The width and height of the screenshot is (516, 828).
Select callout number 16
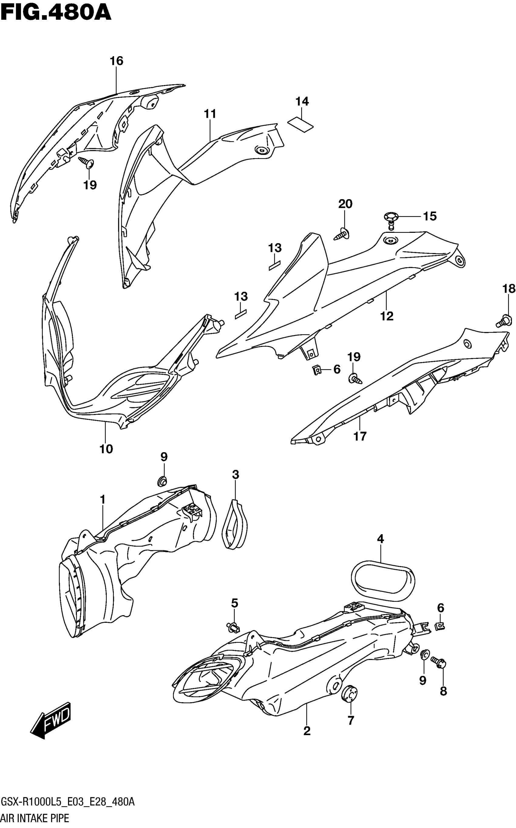(116, 61)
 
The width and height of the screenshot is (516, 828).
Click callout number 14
(302, 101)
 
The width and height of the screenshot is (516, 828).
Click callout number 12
(387, 316)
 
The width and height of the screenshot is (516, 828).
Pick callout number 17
(360, 436)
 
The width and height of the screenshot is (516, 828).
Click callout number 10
(106, 449)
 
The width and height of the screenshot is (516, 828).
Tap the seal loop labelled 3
(235, 526)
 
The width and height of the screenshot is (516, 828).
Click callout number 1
(102, 500)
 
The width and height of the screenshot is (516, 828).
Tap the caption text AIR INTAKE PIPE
(35, 818)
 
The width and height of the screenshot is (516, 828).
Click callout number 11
(210, 114)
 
